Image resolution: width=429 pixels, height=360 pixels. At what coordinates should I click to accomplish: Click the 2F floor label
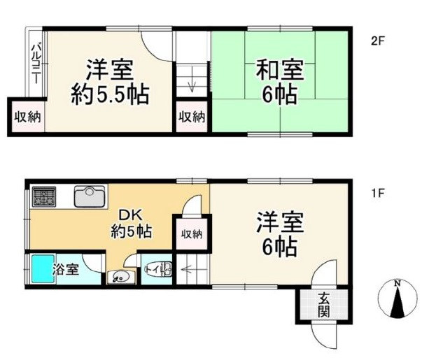point(378,40)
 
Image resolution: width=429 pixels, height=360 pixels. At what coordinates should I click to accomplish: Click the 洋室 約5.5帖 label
point(110,82)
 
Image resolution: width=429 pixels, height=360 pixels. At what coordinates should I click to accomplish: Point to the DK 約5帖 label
point(132,223)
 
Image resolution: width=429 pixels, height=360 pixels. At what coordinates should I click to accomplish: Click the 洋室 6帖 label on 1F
point(279,236)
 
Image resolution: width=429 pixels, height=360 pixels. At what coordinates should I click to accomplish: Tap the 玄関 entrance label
point(324,305)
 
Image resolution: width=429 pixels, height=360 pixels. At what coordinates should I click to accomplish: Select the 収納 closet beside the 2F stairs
point(190,117)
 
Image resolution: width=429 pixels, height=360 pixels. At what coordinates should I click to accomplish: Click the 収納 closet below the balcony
point(27,117)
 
